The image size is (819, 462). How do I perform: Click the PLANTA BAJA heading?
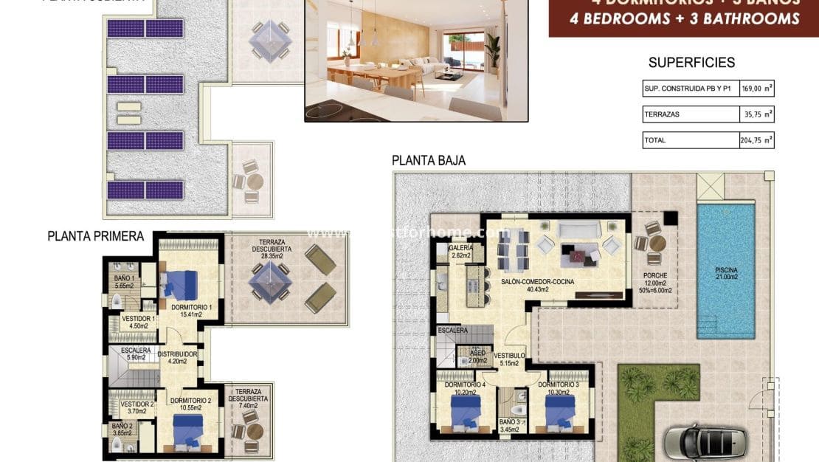click(x=428, y=160)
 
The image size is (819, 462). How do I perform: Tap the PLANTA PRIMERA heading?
click(x=95, y=236)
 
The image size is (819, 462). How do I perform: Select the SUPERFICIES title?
click(x=691, y=63)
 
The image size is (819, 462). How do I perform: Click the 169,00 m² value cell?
click(x=757, y=89)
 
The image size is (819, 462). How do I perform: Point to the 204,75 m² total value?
click(x=757, y=139)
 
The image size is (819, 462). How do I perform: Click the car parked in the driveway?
click(x=704, y=441)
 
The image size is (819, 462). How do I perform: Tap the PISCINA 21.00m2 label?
click(x=725, y=273)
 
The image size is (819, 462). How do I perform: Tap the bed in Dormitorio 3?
click(x=561, y=410)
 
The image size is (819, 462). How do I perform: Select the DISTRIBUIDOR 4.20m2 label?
click(x=177, y=358)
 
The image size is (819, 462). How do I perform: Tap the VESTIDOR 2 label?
click(x=136, y=408)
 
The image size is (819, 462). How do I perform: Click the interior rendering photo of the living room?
click(x=417, y=59)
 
